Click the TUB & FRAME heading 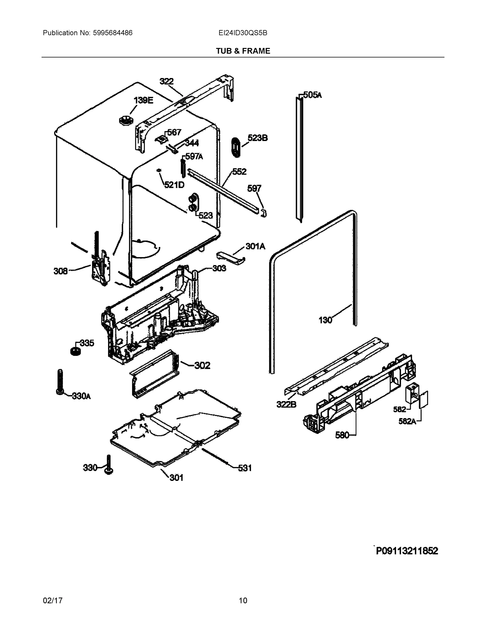pos(243,51)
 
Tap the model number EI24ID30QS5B pos(243,33)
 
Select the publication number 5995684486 pos(112,33)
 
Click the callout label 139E pos(143,100)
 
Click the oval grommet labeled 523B pos(236,147)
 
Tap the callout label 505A pos(312,95)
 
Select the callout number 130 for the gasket pos(325,320)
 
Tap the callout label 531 pos(244,468)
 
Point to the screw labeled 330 pos(109,464)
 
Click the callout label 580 pos(342,435)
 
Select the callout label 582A pos(407,421)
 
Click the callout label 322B pos(286,404)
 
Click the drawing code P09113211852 pos(407,551)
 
